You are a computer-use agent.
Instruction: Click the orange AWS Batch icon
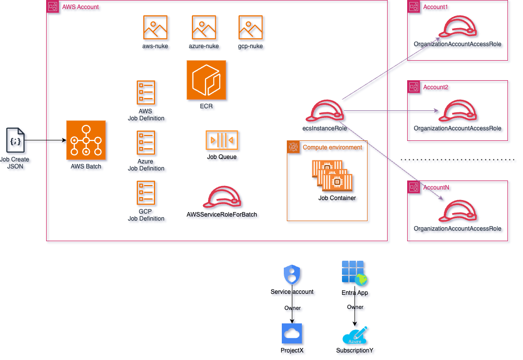click(86, 140)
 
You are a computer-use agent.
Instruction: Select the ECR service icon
click(207, 80)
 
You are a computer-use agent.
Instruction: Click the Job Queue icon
click(222, 140)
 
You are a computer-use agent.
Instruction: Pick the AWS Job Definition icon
click(146, 93)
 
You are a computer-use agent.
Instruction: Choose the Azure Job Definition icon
click(146, 143)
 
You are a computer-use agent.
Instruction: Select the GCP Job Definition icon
click(146, 193)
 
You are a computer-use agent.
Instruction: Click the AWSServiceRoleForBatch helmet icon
click(223, 198)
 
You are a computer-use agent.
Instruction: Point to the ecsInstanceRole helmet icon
click(326, 111)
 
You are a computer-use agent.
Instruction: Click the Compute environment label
click(332, 147)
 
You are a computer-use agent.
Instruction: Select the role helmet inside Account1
click(458, 29)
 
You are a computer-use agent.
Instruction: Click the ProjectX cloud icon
click(293, 333)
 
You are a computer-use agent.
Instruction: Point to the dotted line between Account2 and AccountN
click(459, 161)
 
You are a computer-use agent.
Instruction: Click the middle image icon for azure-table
click(204, 28)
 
